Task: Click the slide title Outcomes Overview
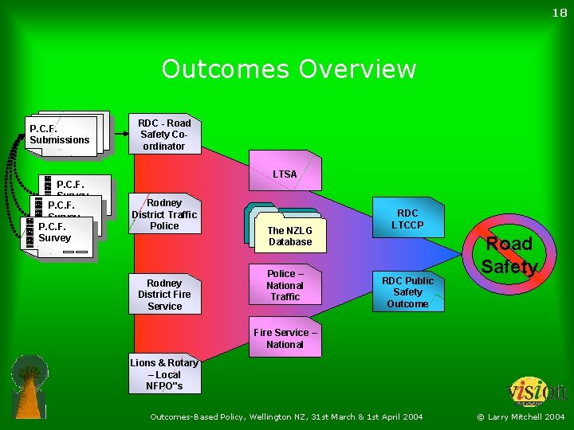(289, 69)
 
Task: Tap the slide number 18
(558, 13)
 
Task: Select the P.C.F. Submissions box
(62, 135)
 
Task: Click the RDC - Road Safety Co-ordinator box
(164, 135)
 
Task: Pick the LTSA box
(285, 174)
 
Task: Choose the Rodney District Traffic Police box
(164, 214)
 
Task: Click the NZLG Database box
(290, 236)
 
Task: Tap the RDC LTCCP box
(407, 219)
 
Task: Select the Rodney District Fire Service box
(164, 294)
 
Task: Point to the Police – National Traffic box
(285, 285)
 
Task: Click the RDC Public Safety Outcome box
(407, 291)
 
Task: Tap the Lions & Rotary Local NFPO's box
(164, 374)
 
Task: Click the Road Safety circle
(509, 255)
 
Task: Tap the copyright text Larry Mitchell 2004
(521, 416)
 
